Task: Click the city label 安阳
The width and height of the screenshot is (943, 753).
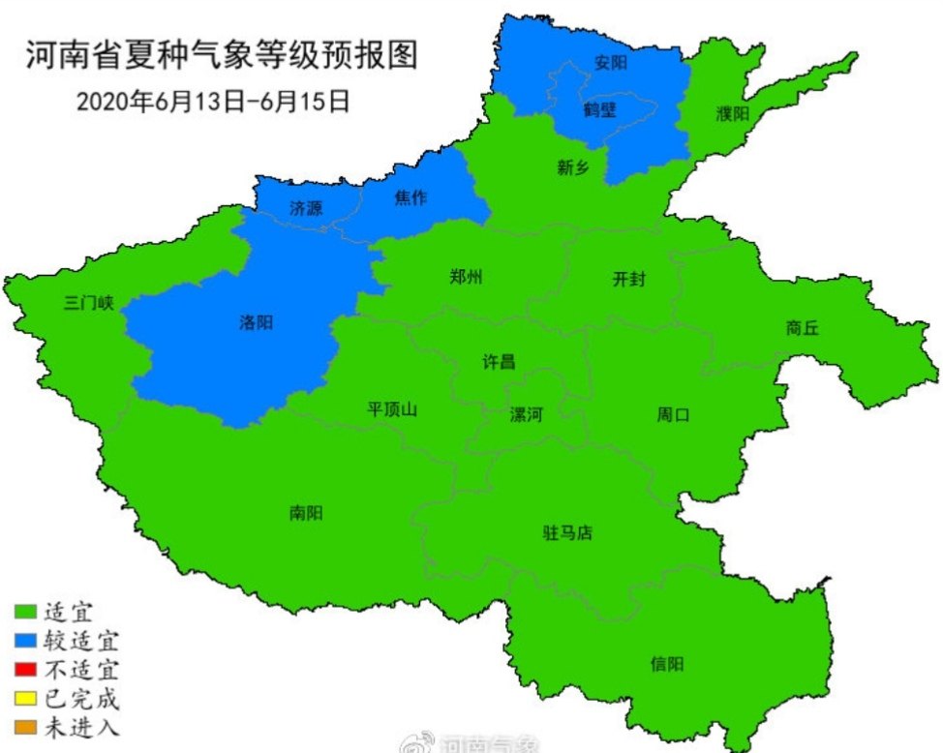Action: [x=610, y=64]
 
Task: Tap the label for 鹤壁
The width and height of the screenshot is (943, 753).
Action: [x=599, y=108]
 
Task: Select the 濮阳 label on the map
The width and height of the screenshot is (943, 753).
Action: [x=732, y=113]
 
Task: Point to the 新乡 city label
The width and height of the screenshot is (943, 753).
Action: [x=572, y=166]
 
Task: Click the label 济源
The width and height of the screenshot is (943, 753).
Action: [x=306, y=207]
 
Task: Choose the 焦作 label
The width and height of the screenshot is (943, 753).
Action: [x=410, y=198]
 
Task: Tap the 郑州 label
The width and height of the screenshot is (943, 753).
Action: [x=466, y=277]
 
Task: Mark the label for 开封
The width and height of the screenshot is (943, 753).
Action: [x=628, y=280]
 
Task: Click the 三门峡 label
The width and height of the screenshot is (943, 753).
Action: [x=88, y=302]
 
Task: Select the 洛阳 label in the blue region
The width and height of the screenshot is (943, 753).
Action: [x=256, y=322]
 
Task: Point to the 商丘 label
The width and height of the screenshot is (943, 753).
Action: [x=803, y=328]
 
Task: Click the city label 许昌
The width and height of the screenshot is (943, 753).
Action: [x=499, y=362]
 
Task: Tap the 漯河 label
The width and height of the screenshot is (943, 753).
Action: [x=527, y=415]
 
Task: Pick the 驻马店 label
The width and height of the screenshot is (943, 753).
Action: [x=567, y=532]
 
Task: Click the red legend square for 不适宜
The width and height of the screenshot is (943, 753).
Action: [x=25, y=669]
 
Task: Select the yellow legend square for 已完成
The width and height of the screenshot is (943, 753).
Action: [x=25, y=698]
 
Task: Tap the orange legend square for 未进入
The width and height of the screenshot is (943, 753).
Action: [x=25, y=727]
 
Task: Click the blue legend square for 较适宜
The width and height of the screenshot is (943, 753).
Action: [x=25, y=640]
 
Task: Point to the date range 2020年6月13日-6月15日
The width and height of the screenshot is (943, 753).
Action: [x=212, y=101]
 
